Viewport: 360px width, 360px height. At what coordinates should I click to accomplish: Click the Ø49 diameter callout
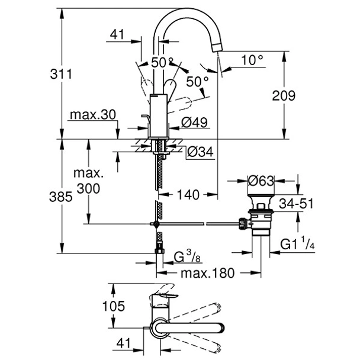coord(193,123)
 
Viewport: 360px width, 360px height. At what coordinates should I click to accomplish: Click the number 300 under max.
coord(89,188)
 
